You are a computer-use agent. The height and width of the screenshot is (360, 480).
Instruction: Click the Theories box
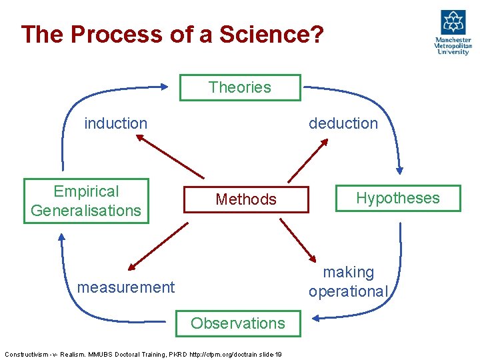click(240, 87)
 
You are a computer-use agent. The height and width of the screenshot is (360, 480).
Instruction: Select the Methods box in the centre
click(246, 199)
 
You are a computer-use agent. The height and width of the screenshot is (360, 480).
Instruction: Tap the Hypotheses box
click(397, 198)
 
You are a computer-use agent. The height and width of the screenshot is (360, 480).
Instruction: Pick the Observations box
click(238, 323)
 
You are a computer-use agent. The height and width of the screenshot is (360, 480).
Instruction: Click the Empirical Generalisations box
click(86, 201)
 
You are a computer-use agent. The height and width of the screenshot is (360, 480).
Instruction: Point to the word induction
click(115, 123)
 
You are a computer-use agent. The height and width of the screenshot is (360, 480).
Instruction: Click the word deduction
click(343, 123)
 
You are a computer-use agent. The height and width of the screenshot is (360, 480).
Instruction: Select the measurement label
click(126, 287)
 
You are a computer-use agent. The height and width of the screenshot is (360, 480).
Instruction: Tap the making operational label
click(348, 282)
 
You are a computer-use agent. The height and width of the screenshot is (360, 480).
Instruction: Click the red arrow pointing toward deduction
click(308, 160)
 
